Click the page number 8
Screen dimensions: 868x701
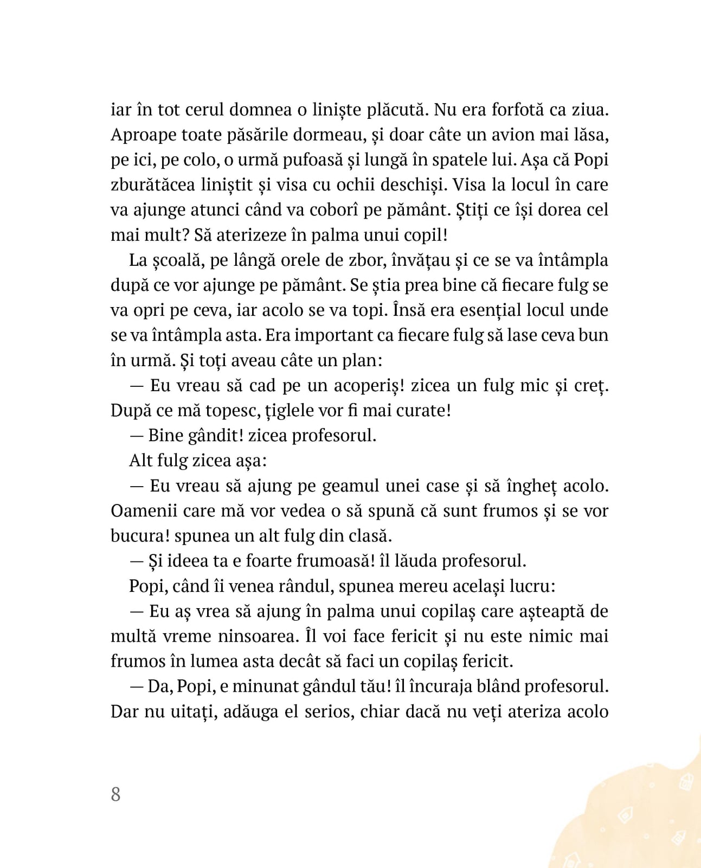pos(115,794)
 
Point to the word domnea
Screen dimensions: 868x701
pos(261,110)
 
